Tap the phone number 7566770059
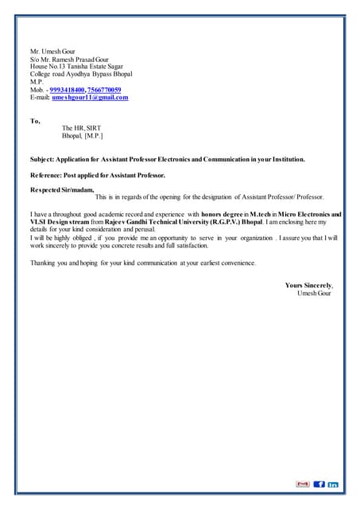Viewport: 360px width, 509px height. [x=103, y=90]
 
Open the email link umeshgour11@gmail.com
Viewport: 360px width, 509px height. [x=90, y=98]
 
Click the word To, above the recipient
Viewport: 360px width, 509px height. [x=35, y=121]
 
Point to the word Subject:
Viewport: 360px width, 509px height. [x=45, y=159]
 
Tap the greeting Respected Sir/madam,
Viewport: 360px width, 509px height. [x=62, y=189]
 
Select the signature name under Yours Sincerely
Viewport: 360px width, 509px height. [x=314, y=293]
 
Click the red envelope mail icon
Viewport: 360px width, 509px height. [x=302, y=484]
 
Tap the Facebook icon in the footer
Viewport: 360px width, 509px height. [x=319, y=484]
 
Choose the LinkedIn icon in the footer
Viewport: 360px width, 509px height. [x=333, y=484]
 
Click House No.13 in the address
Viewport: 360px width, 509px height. [x=52, y=66]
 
